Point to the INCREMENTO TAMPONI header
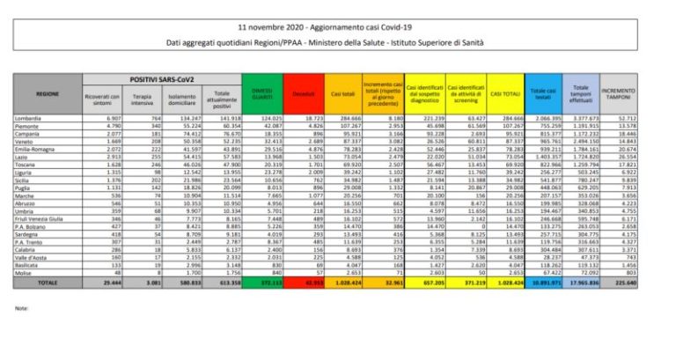point(621,92)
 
